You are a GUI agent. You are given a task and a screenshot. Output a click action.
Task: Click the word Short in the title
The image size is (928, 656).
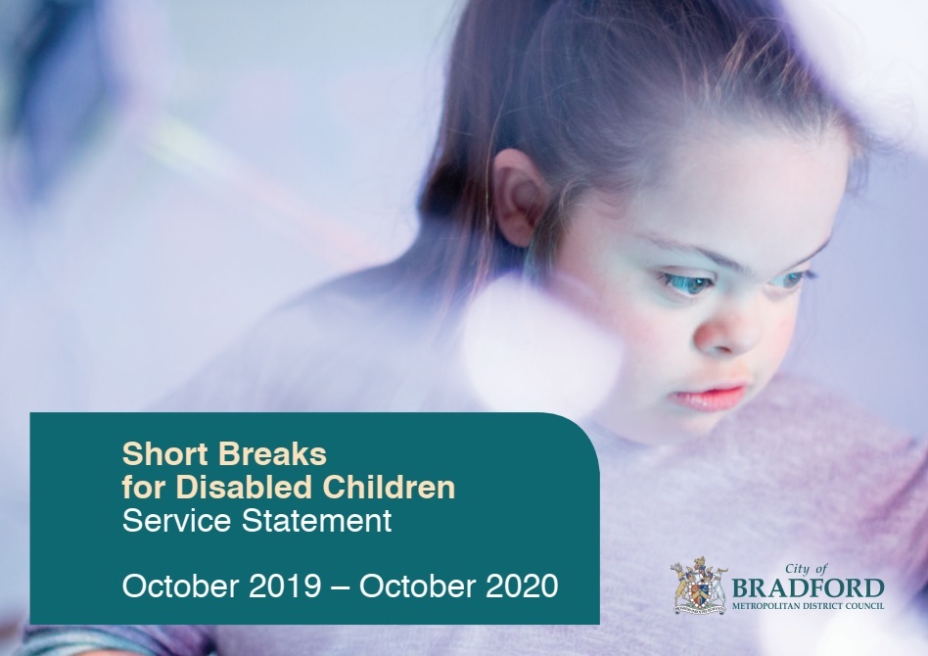click(x=157, y=454)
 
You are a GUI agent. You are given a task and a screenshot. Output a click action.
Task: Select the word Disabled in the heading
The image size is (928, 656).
click(x=224, y=487)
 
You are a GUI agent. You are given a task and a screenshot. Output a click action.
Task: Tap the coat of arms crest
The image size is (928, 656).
click(x=699, y=587)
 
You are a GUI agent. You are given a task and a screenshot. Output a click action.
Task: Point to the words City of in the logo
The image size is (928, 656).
click(x=808, y=569)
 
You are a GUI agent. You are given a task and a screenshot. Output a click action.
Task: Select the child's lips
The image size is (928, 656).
click(x=710, y=398)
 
